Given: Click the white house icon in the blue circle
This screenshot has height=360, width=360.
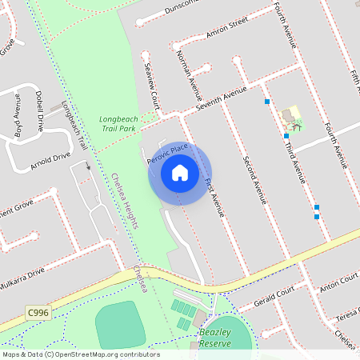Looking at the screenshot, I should (x=180, y=173).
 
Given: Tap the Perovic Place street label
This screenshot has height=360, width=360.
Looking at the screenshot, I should (x=167, y=154).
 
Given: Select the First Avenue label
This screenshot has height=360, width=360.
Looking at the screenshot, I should (x=215, y=196).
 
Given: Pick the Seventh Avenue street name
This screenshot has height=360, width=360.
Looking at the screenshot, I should (x=221, y=102).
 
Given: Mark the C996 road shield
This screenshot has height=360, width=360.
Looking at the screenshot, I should (x=36, y=310).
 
